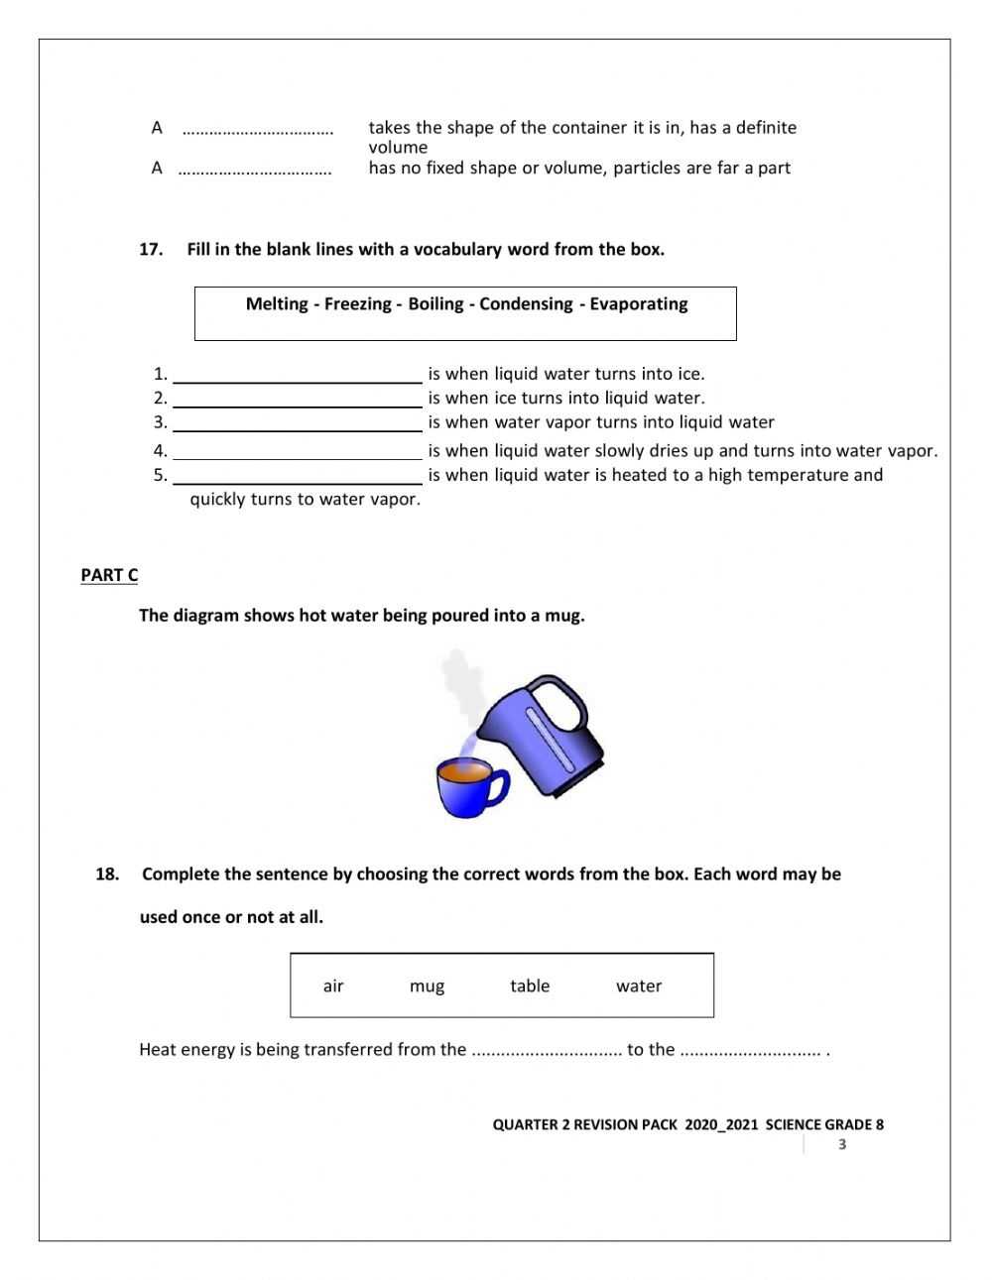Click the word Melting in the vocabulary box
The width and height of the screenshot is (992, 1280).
pyautogui.click(x=277, y=304)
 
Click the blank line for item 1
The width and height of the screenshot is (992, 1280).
pyautogui.click(x=298, y=376)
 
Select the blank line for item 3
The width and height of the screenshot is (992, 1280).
pyautogui.click(x=298, y=424)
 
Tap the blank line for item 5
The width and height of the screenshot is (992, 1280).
pyautogui.click(x=298, y=477)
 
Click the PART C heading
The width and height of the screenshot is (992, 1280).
pyautogui.click(x=109, y=575)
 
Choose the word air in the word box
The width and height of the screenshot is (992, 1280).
pyautogui.click(x=333, y=986)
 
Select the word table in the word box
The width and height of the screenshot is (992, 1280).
pyautogui.click(x=530, y=986)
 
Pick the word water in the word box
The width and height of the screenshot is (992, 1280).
pyautogui.click(x=639, y=986)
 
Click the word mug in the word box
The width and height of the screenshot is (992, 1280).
pyautogui.click(x=427, y=987)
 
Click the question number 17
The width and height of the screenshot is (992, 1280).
pyautogui.click(x=150, y=250)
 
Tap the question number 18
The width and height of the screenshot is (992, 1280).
pyautogui.click(x=107, y=874)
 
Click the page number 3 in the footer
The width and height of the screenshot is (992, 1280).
pyautogui.click(x=842, y=1145)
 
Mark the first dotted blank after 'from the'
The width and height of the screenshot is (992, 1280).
pyautogui.click(x=546, y=1051)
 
